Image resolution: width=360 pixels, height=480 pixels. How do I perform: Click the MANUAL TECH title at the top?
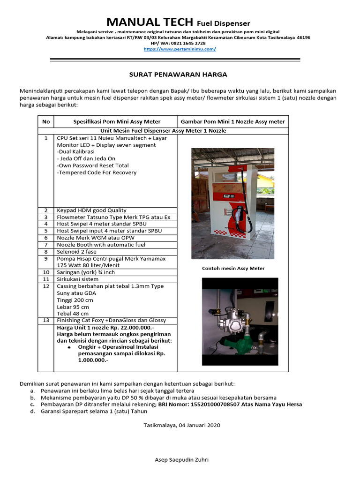click(150, 22)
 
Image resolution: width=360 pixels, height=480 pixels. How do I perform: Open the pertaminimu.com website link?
click(180, 49)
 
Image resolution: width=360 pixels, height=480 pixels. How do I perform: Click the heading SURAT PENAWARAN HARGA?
click(178, 75)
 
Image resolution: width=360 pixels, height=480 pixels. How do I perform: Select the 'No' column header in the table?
click(46, 121)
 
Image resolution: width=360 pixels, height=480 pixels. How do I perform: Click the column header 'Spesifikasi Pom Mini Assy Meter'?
click(117, 121)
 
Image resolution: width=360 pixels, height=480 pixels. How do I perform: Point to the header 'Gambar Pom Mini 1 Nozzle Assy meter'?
click(232, 121)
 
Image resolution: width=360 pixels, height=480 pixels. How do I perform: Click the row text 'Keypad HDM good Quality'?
click(91, 210)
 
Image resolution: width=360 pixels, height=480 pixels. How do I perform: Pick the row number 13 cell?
click(46, 321)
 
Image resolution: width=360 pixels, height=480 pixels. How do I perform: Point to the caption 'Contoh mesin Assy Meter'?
click(233, 269)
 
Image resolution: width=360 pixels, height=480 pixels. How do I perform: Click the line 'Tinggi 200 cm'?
click(75, 300)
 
